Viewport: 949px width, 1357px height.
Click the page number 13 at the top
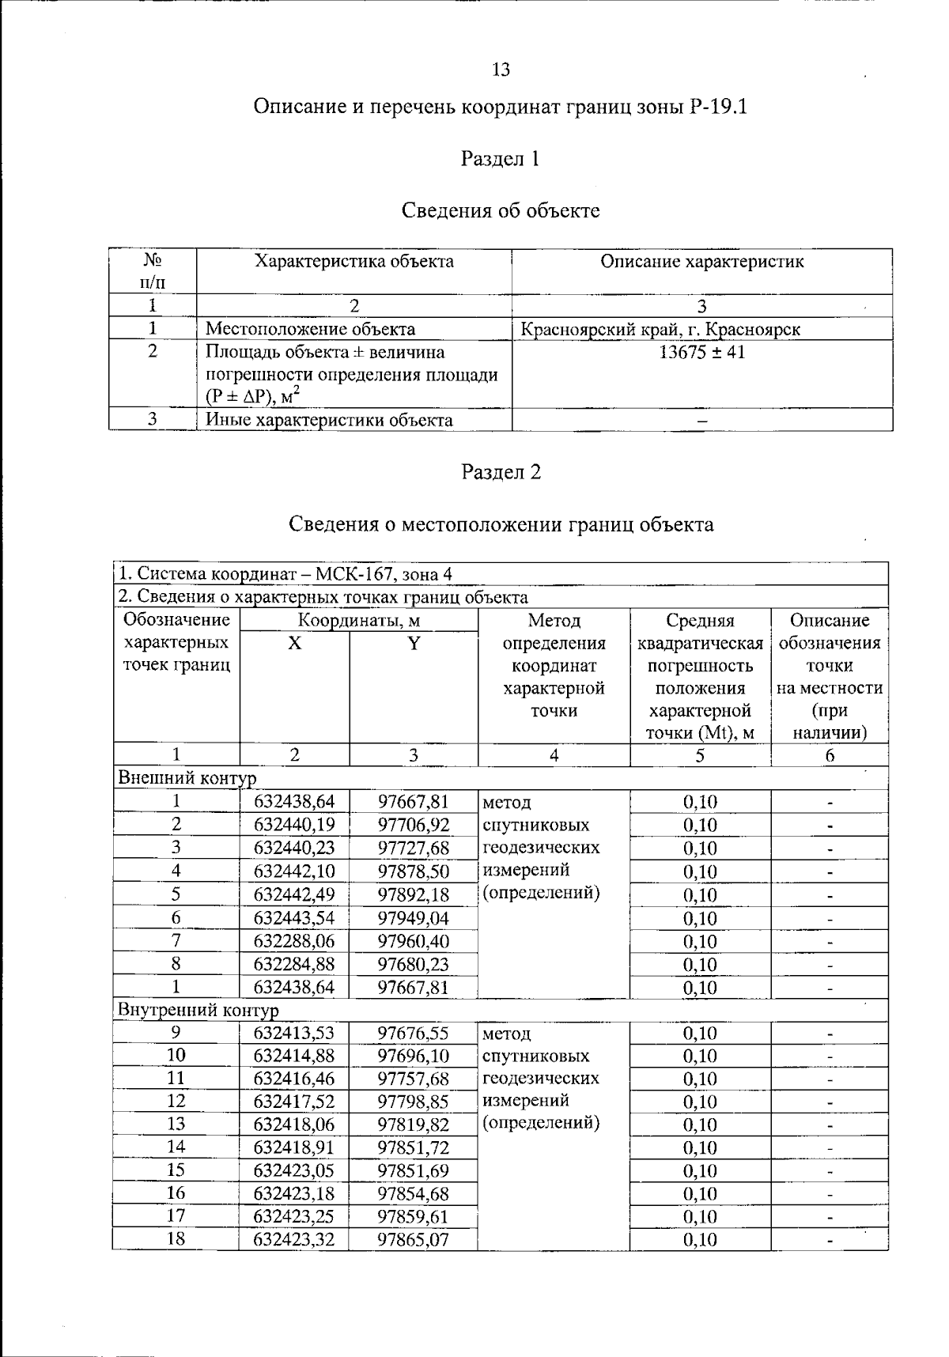(501, 70)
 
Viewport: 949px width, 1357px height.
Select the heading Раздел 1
(500, 159)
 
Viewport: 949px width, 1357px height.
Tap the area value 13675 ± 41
(701, 352)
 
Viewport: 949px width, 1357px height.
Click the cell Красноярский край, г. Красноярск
(660, 329)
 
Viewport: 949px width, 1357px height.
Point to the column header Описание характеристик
(701, 262)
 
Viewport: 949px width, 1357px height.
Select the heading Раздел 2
(501, 472)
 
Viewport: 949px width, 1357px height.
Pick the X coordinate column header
(294, 643)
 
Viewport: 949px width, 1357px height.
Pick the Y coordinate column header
(413, 643)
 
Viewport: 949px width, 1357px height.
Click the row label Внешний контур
(187, 778)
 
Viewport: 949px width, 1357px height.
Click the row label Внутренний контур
(198, 1010)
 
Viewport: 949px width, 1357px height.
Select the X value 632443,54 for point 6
(294, 918)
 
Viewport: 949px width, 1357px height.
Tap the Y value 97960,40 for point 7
(413, 941)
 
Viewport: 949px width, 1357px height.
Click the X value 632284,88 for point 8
(294, 964)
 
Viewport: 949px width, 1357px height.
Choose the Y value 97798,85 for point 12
(413, 1102)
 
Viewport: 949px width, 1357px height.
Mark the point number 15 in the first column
(176, 1170)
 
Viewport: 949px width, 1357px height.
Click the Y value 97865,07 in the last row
(413, 1239)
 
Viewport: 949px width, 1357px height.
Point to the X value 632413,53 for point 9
(294, 1033)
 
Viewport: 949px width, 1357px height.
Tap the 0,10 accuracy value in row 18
(700, 1239)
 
